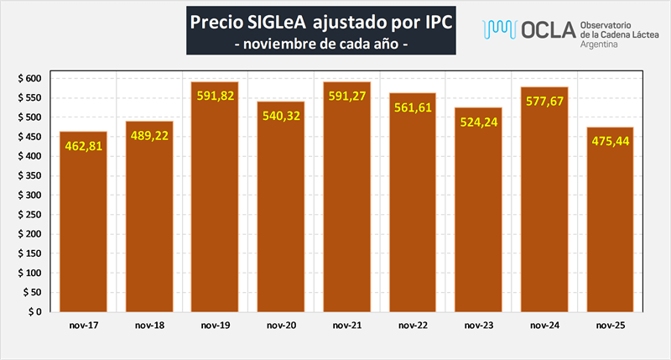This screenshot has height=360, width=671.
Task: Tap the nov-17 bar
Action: tap(83, 227)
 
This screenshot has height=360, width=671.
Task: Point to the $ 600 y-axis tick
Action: tap(29, 78)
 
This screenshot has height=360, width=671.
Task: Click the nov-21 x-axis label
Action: tap(346, 325)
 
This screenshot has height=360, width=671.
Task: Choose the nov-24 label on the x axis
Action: tap(544, 325)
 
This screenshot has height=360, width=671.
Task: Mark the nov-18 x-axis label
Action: tap(149, 325)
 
